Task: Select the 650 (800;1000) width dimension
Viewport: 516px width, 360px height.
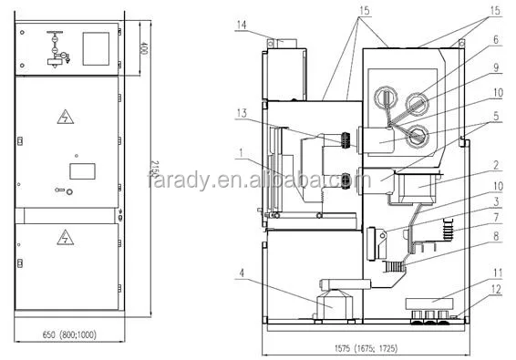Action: point(70,335)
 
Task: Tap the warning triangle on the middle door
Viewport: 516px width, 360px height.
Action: point(65,117)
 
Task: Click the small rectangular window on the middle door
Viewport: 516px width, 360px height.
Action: point(82,170)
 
